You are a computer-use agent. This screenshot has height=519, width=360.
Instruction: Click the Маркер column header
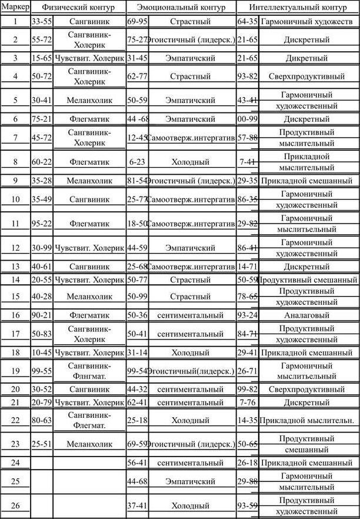(x=15, y=8)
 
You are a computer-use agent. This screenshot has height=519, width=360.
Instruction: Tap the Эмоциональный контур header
(x=181, y=8)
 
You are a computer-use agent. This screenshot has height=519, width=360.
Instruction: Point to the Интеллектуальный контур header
(x=298, y=8)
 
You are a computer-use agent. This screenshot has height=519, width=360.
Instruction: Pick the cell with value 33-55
(x=42, y=21)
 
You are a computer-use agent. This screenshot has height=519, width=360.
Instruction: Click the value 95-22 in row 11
(x=42, y=224)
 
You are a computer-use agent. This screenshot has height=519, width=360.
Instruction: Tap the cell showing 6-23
(x=136, y=162)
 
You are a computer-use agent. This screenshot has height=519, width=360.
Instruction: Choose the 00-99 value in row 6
(x=247, y=119)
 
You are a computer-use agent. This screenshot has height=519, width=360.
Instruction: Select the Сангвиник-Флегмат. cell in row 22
(x=89, y=420)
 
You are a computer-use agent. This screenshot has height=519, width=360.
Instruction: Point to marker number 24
(x=15, y=463)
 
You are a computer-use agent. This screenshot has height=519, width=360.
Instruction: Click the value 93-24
(x=247, y=315)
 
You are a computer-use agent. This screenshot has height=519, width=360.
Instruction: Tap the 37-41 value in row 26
(x=136, y=505)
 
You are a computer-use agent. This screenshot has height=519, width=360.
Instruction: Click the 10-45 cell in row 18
(x=42, y=353)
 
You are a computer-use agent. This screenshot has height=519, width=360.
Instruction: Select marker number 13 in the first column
(x=15, y=267)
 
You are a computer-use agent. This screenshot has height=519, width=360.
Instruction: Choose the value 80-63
(x=42, y=420)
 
